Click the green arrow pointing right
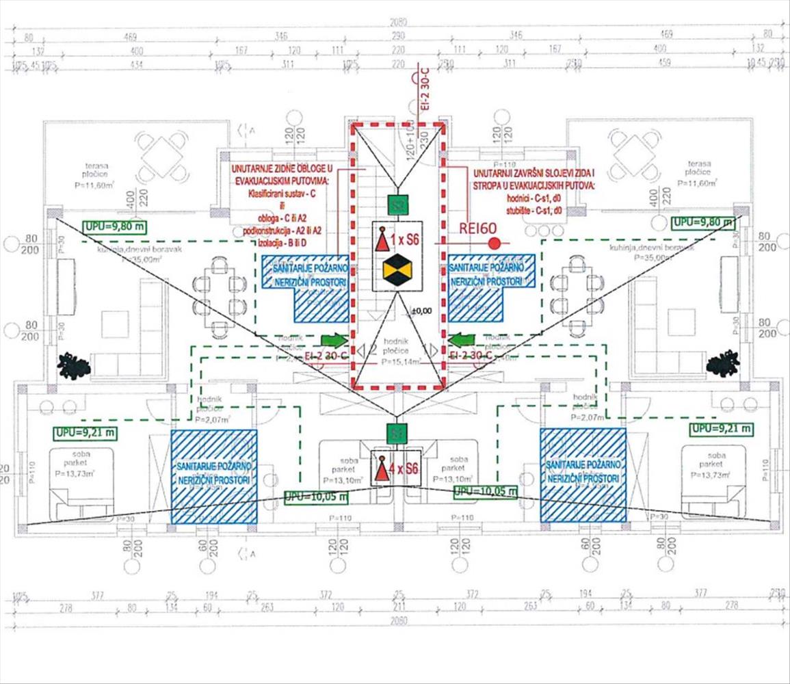[x=334, y=339]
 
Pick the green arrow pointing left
[x=462, y=339]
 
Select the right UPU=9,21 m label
[x=720, y=429]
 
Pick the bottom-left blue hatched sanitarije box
[x=213, y=476]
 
